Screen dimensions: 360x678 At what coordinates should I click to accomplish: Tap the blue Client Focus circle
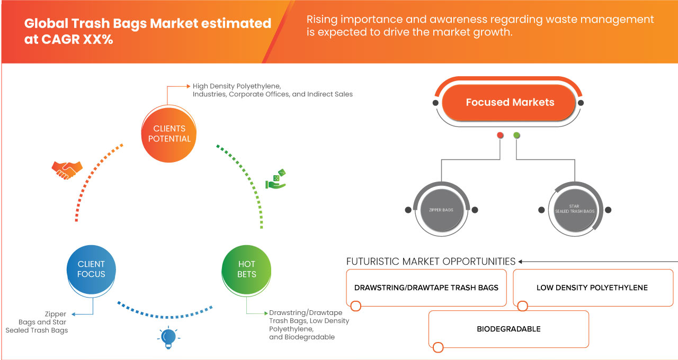pos(91,269)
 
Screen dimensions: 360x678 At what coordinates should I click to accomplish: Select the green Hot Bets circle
pos(247,269)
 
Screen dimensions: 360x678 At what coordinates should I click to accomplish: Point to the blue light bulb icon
pos(168,338)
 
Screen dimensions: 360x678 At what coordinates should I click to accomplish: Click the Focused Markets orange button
pos(508,103)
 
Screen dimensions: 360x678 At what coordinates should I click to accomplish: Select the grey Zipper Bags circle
pos(441,210)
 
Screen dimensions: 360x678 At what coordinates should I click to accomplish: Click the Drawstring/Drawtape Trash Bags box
pos(426,287)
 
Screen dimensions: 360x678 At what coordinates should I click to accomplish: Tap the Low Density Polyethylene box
pos(592,287)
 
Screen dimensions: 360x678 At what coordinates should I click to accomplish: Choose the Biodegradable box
pos(508,329)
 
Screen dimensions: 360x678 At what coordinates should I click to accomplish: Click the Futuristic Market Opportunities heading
pos(431,261)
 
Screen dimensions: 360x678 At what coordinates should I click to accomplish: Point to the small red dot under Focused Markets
pos(500,136)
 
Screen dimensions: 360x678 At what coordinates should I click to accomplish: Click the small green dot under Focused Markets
pos(516,136)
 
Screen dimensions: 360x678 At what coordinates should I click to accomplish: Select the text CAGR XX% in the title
pos(68,40)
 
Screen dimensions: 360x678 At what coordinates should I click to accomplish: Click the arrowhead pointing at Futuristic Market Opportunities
pos(521,262)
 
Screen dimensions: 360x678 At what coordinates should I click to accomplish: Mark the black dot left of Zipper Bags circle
pos(408,210)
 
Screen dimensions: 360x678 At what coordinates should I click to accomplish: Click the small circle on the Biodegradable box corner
pos(438,348)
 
